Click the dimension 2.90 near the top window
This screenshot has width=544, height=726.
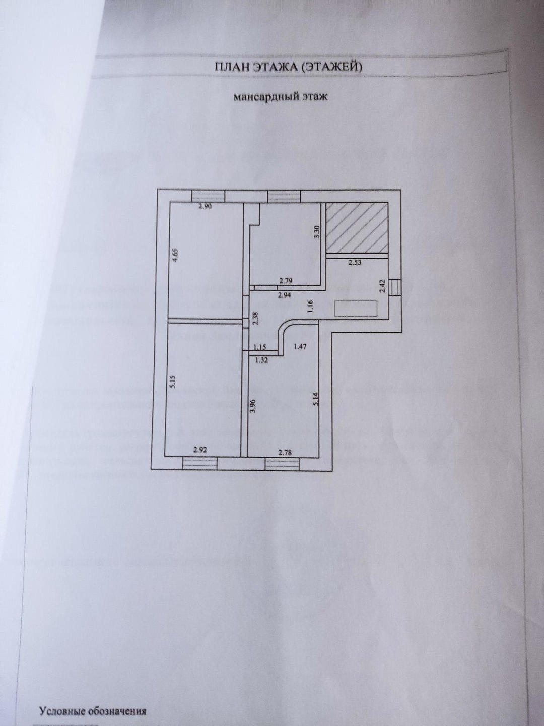206,207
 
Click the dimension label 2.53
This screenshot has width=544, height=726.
355,262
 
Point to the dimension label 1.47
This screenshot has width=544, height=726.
300,346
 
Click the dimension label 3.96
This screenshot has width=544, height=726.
253,406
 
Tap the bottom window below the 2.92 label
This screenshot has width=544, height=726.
199,462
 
